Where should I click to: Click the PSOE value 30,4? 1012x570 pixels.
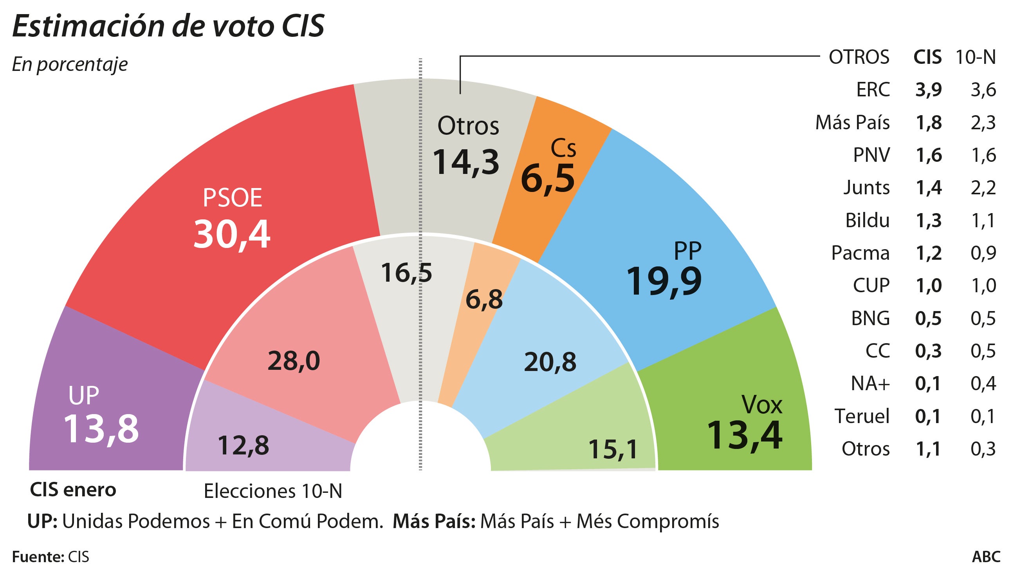coord(232,234)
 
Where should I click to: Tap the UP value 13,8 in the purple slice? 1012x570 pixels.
coord(101,429)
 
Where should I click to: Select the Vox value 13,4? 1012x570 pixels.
coord(745,435)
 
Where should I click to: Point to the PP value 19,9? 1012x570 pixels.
coord(664,281)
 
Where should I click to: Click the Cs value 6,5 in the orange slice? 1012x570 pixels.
coord(548,179)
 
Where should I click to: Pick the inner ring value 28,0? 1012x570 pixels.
coord(294,361)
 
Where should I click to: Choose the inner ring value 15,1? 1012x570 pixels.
coord(613,449)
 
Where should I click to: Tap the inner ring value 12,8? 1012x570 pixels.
coord(243,445)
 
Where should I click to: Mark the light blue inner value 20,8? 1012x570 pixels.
coord(550,362)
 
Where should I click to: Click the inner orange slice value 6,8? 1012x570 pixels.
coord(484,300)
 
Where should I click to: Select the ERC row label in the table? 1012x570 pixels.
coord(873,90)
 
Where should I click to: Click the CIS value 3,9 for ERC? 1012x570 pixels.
coord(928,90)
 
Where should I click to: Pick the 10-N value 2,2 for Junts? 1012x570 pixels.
coord(983,188)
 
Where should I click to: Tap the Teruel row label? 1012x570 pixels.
coord(862,416)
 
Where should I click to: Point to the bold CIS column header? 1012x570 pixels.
coord(927,58)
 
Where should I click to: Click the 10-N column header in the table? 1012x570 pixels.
coord(976,58)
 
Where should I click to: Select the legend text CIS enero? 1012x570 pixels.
coord(73,490)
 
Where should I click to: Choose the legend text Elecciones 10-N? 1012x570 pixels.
coord(273,491)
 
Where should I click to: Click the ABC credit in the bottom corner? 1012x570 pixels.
coord(986,557)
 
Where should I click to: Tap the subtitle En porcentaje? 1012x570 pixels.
coord(70,64)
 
